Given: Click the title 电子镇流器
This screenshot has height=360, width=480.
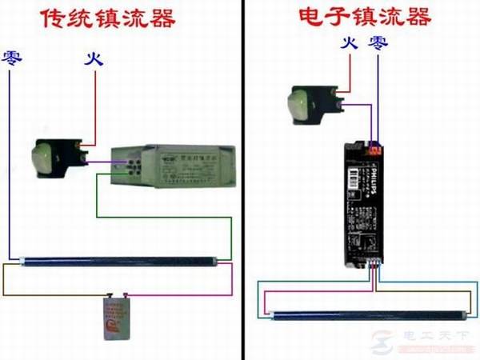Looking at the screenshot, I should pos(364,17).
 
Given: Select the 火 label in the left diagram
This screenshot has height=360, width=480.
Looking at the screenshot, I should pos(94,58).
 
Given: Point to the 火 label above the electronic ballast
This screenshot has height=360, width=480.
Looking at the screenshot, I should pos(348,42).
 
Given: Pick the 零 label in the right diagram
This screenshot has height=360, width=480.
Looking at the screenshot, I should pos(374,42).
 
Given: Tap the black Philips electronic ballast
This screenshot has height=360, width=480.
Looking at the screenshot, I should pos(362,200).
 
